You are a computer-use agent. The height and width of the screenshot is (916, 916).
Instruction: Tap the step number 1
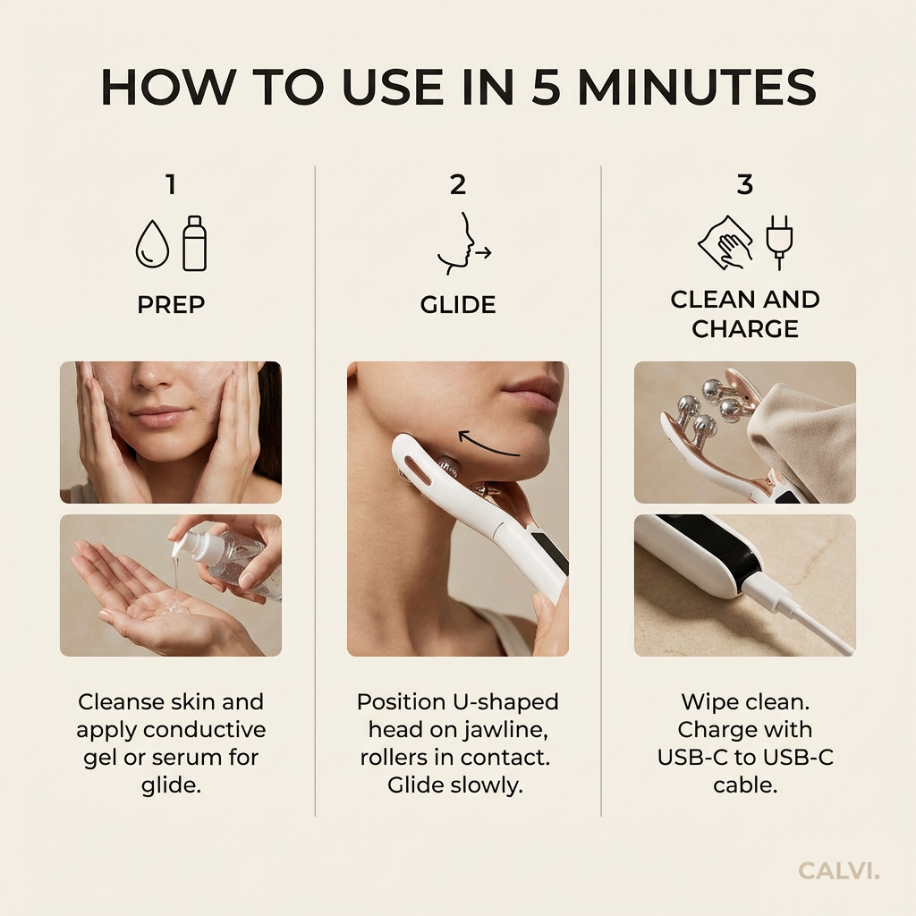pos(170,185)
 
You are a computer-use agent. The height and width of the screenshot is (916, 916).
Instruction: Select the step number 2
pos(457,185)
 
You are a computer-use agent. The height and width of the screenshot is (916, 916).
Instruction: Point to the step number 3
pos(744,185)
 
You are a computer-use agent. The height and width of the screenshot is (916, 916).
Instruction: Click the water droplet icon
pos(152,245)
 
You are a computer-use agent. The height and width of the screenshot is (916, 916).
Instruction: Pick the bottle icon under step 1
pos(194,242)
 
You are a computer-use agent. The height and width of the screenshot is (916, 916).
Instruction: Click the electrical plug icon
pos(779,242)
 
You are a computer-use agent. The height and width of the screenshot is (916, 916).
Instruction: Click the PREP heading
pos(170,305)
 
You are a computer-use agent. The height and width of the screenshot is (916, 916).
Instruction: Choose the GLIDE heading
pos(457,305)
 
